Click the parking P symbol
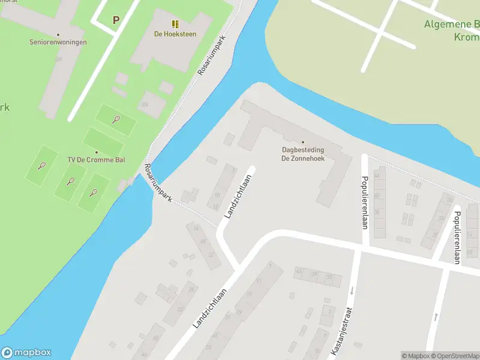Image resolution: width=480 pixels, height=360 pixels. (116, 19)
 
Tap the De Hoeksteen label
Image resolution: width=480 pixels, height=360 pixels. (175, 34)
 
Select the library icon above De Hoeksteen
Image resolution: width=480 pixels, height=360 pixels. (175, 24)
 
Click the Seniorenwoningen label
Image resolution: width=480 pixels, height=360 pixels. (58, 42)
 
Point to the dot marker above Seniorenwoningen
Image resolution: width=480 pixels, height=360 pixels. (58, 34)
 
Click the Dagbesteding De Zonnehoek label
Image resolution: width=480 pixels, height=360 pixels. (303, 154)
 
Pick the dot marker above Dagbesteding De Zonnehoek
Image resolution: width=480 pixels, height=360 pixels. (303, 142)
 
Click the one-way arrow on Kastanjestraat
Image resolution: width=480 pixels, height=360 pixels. (352, 291)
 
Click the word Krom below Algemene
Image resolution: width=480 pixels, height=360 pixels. (466, 37)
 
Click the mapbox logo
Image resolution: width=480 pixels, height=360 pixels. (26, 353)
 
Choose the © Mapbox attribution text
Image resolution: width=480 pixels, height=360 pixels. (416, 356)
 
